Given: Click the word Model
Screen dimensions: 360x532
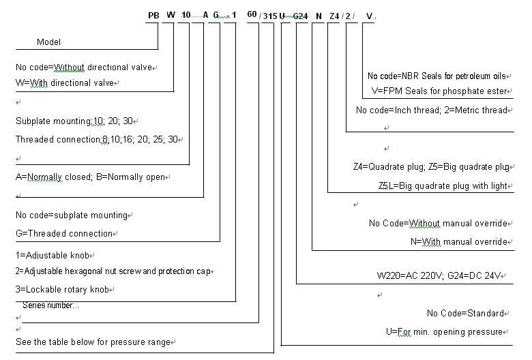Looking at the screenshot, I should click(48, 42).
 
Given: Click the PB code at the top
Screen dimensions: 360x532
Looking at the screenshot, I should click(153, 15).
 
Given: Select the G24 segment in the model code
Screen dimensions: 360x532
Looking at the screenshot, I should click(301, 16).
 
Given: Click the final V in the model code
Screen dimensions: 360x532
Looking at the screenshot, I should click(369, 16).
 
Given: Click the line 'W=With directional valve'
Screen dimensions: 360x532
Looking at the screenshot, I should click(63, 82).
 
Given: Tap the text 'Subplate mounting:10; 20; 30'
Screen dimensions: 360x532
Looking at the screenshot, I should click(75, 121).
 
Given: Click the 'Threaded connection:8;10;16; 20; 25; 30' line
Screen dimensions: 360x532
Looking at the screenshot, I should click(98, 139).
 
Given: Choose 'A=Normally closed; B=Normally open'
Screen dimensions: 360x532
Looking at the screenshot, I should click(90, 177).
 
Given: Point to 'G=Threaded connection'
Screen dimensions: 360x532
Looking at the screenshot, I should click(63, 233).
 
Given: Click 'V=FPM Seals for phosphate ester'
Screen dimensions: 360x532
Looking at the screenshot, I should click(439, 91).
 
